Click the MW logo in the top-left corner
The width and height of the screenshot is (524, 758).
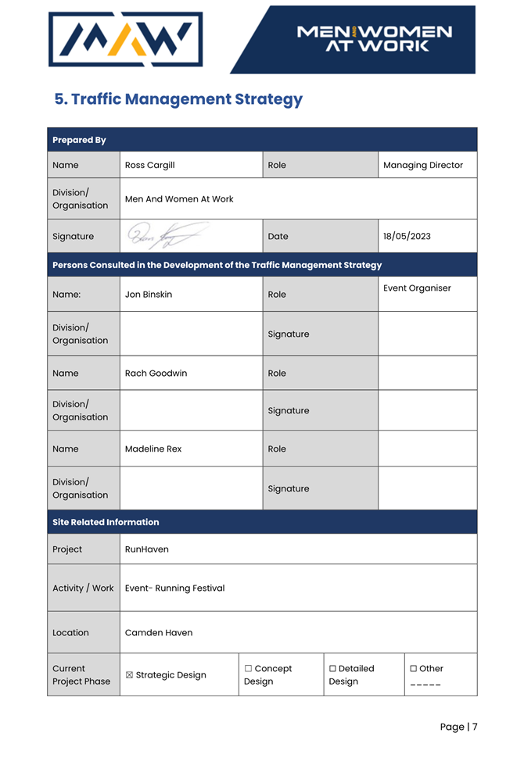click(125, 39)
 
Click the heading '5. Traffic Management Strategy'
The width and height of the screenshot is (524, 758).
click(178, 99)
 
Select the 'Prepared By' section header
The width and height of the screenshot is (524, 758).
click(79, 140)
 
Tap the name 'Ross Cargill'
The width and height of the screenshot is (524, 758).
click(149, 165)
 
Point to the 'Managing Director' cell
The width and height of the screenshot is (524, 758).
click(423, 165)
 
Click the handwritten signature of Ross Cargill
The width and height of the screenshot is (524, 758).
click(167, 234)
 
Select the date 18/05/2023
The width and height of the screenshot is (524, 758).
click(407, 236)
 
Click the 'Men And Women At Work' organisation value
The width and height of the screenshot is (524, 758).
click(179, 198)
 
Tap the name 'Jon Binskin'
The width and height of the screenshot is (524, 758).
click(149, 295)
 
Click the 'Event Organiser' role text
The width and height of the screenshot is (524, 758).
click(417, 288)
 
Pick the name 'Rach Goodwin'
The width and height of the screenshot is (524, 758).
click(156, 373)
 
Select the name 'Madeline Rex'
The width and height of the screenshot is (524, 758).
click(153, 449)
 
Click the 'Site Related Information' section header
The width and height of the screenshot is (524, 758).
click(106, 522)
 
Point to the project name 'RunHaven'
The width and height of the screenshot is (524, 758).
click(147, 549)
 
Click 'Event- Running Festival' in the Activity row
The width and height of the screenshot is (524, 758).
click(174, 588)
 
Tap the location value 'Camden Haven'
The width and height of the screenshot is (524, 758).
click(159, 633)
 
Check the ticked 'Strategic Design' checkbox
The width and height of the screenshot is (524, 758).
click(130, 675)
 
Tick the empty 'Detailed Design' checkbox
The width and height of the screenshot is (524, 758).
click(332, 669)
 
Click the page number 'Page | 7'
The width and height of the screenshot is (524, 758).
click(458, 727)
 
